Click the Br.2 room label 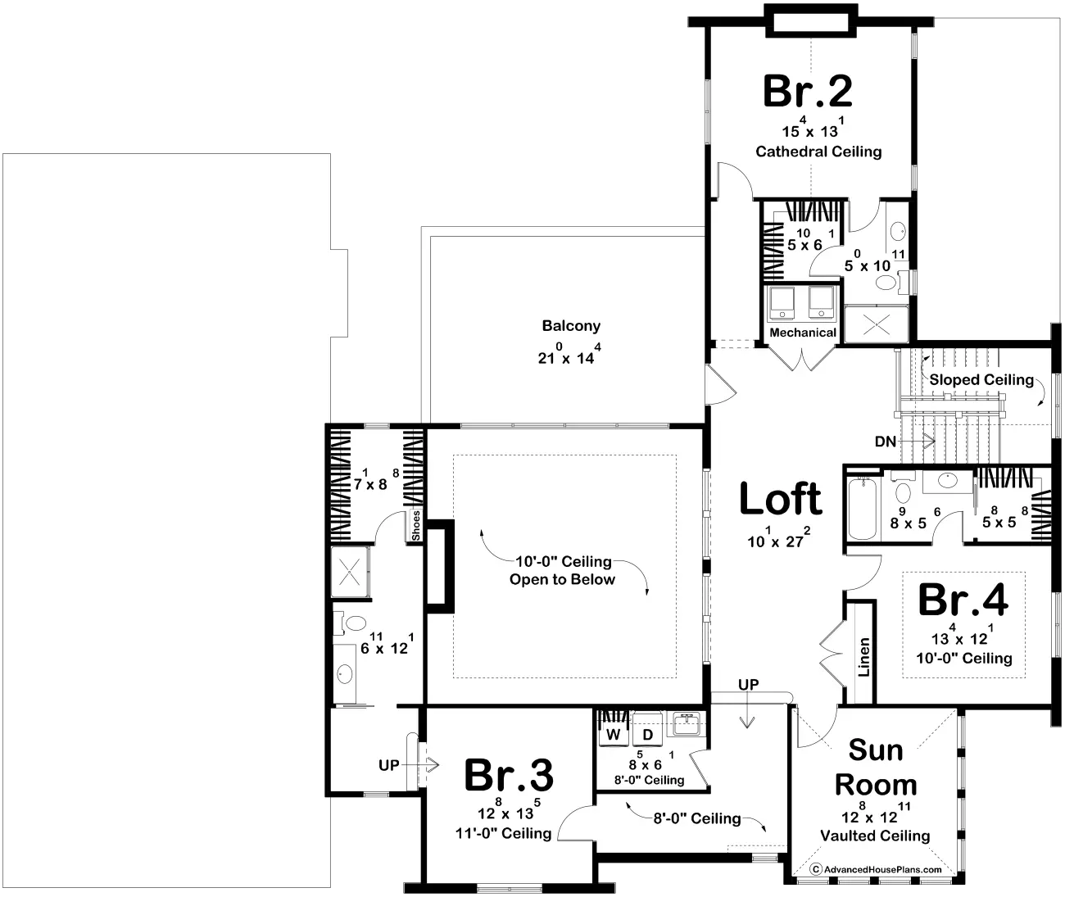coord(808,91)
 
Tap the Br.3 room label coord(509,775)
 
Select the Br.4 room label coord(963,600)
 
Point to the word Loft coord(781,498)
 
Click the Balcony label coord(571,326)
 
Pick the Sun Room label coord(876,767)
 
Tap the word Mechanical coord(803,333)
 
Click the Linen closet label coord(863,657)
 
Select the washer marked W coord(614,735)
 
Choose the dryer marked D coord(648,735)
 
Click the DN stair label coord(886,441)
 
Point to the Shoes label coord(415,526)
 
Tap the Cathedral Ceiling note coord(818,152)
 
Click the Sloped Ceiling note coord(981,379)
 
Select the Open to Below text coord(562,579)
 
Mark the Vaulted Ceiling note coord(875,836)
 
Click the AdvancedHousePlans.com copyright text coord(876,869)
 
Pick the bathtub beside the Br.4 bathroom coord(863,509)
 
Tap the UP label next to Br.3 coord(388,765)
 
